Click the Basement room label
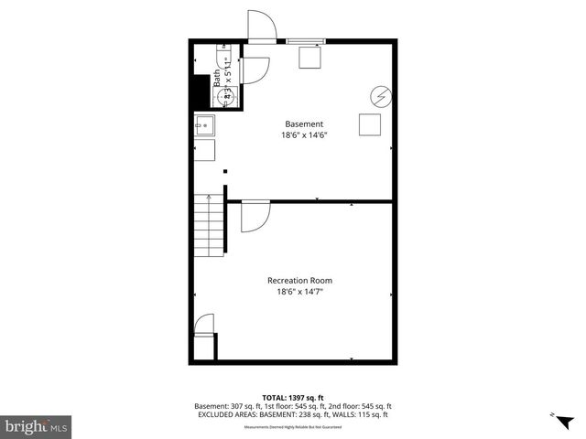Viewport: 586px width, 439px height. click(304, 124)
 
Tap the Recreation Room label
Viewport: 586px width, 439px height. click(299, 280)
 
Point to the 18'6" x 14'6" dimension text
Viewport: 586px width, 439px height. click(304, 135)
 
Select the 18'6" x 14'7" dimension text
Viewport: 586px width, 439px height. click(299, 292)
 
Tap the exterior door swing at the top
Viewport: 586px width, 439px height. click(261, 25)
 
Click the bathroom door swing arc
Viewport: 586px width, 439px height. click(255, 69)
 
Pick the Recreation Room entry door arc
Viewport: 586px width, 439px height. click(255, 217)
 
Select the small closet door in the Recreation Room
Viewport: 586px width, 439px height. click(204, 324)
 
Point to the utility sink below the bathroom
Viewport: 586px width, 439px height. click(204, 125)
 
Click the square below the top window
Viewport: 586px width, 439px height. click(310, 57)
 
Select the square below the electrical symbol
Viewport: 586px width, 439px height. click(370, 124)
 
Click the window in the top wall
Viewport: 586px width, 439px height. click(305, 40)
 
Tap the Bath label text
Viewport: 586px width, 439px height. click(218, 79)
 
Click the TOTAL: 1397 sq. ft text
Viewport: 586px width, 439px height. click(292, 398)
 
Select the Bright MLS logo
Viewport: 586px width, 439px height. click(37, 426)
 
